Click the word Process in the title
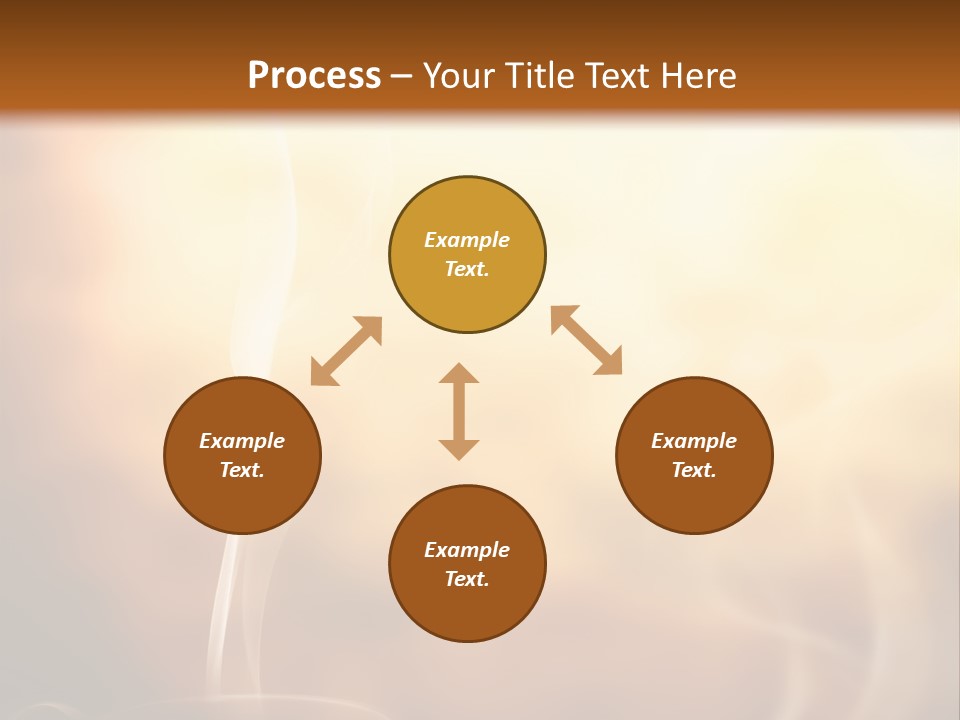(314, 76)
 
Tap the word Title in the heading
(543, 76)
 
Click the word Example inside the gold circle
(467, 240)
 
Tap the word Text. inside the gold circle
(467, 269)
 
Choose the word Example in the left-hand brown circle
(242, 441)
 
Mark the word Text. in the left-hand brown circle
(242, 470)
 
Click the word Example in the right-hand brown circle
(694, 441)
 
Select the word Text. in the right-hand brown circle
(694, 470)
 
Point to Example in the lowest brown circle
(467, 550)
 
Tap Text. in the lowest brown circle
(467, 579)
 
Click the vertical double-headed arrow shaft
(459, 411)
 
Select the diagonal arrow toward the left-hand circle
(346, 351)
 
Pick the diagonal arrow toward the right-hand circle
(586, 340)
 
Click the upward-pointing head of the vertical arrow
(459, 373)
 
